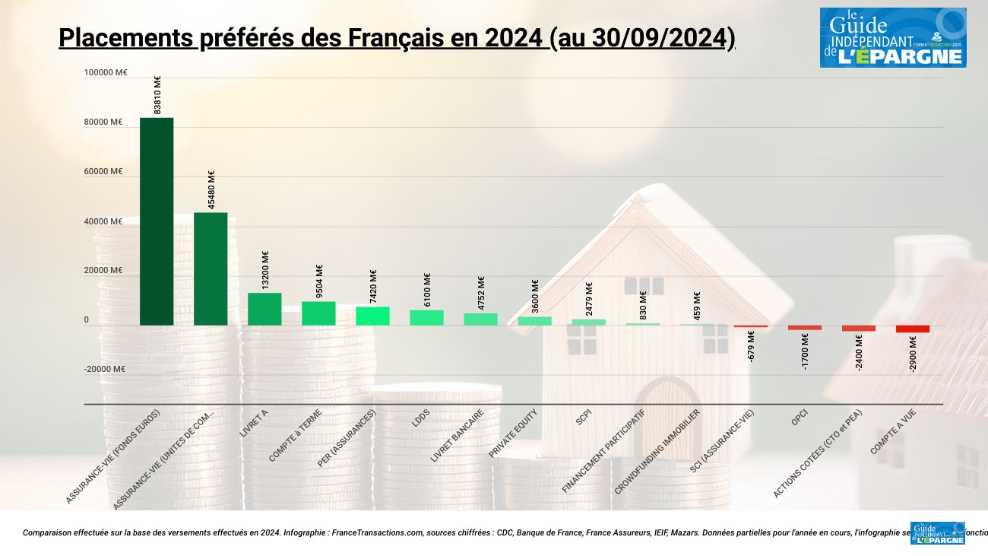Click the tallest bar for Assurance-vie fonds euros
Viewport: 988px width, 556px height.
coord(157,221)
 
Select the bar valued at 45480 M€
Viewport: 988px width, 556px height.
coord(211,268)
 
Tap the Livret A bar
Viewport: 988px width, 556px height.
coord(264,309)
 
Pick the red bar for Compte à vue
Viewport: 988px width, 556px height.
coord(912,329)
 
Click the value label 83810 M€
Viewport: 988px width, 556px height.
coord(157,95)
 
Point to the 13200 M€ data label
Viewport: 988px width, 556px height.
coord(265,270)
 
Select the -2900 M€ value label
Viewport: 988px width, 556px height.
coord(913,353)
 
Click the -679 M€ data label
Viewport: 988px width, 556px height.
coord(751,346)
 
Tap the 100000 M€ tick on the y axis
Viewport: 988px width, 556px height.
coord(106,73)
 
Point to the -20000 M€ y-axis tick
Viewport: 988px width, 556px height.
coord(105,370)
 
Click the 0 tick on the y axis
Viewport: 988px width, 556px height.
coord(86,320)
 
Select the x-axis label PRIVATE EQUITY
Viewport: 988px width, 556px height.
coord(513,434)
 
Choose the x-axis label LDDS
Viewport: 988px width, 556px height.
coord(421,419)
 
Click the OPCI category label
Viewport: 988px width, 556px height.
coord(799,418)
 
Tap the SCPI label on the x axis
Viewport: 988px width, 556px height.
coord(584,418)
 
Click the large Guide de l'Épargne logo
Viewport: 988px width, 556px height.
coord(892,37)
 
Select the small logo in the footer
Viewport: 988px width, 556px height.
coord(937,533)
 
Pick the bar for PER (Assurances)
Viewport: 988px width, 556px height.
coord(372,316)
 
